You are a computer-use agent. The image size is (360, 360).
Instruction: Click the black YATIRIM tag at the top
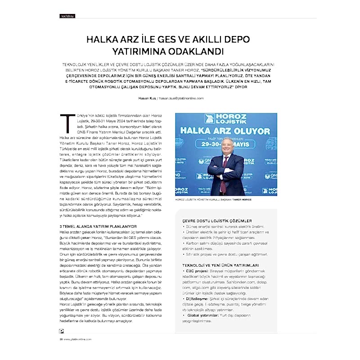(67, 17)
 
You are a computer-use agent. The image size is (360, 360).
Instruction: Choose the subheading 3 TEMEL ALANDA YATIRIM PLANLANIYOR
(95, 226)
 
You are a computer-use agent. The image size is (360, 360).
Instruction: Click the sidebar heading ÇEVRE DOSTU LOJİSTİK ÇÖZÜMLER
(217, 221)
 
